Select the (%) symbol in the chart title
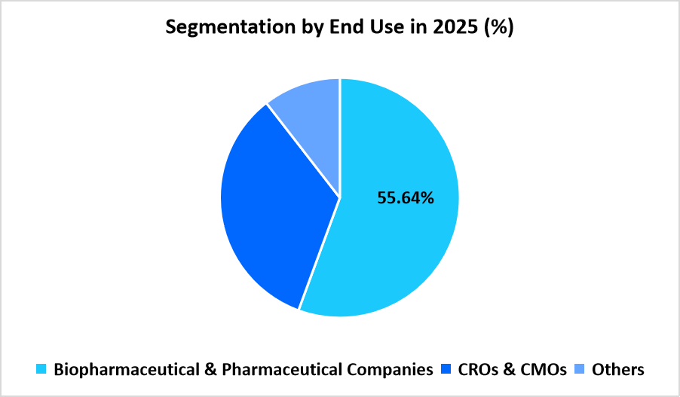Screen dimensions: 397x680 tap(499, 28)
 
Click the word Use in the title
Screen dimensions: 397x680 tap(381, 28)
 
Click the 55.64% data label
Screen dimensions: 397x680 tap(405, 198)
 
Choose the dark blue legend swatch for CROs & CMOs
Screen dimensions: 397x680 tap(444, 369)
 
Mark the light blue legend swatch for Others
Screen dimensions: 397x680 tap(580, 369)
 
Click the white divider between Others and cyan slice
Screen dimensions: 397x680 tap(340, 136)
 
